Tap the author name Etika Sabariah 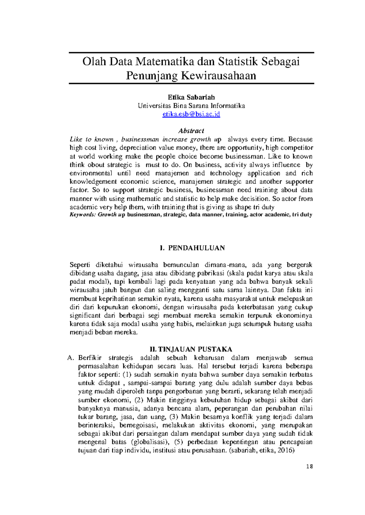(191, 97)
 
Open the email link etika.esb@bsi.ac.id (191, 114)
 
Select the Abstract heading (191, 131)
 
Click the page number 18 (310, 467)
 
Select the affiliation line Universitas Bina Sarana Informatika (191, 106)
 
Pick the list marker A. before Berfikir (71, 358)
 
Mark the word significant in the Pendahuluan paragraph (85, 315)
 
